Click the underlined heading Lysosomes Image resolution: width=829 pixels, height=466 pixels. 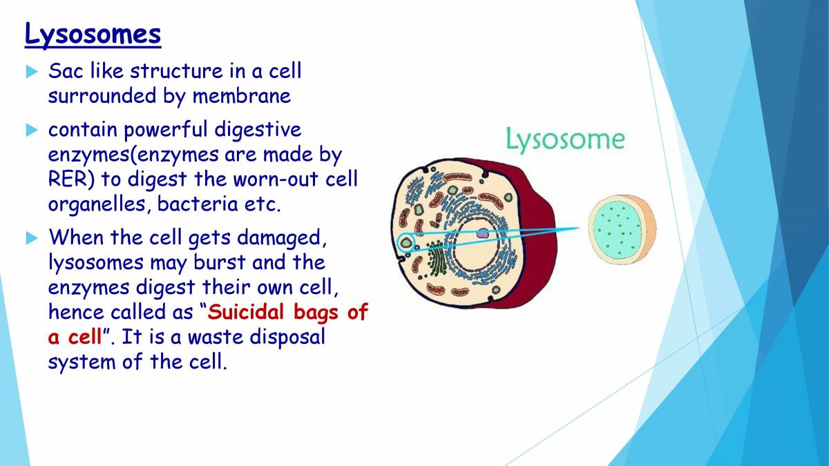click(93, 33)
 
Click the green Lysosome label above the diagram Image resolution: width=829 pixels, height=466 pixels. click(564, 139)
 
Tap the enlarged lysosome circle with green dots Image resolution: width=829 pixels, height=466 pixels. click(621, 229)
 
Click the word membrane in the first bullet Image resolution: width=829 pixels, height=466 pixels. click(241, 96)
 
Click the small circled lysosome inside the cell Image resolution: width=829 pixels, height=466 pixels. click(406, 242)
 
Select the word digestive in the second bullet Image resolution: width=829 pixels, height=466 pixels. click(258, 129)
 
